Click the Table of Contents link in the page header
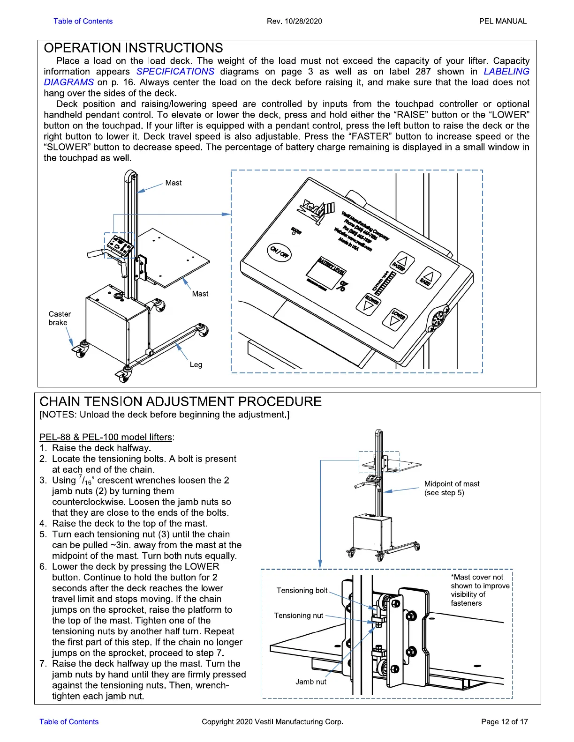click(83, 21)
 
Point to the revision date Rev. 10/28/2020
click(294, 21)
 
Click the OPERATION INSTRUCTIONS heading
click(133, 48)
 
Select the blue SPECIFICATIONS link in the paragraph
click(175, 72)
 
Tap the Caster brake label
click(60, 318)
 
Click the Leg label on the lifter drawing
click(196, 364)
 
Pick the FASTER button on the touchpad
click(401, 263)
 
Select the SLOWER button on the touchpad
click(367, 304)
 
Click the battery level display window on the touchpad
click(325, 274)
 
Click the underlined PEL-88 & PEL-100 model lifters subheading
click(106, 437)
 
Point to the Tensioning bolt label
click(302, 590)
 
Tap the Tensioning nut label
click(298, 616)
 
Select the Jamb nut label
click(310, 682)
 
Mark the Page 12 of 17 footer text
click(504, 721)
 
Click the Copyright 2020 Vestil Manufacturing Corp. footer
click(272, 721)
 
